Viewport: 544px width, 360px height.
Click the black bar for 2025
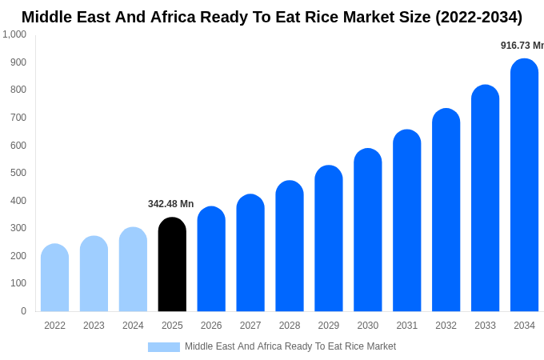coord(172,265)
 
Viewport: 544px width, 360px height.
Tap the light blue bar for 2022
coord(54,278)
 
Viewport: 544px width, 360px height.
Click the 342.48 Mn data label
coord(170,204)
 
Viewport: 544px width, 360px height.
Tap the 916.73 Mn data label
coord(522,46)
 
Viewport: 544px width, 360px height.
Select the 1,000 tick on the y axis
coord(14,34)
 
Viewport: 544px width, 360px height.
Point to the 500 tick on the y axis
coord(18,173)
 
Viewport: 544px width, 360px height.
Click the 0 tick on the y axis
coord(23,311)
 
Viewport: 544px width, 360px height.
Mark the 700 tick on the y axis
coord(18,118)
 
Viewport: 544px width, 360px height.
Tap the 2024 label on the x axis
coord(133,326)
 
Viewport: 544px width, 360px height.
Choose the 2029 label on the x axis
coord(329,326)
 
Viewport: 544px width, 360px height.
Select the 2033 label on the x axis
coord(485,326)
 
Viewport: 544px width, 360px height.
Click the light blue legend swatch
coord(163,347)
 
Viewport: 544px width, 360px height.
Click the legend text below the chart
coord(290,346)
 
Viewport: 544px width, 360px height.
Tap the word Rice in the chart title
coord(321,17)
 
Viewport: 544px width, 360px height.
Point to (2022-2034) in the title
coord(478,17)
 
